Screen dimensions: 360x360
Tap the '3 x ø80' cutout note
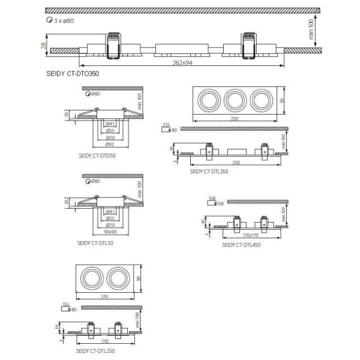64,20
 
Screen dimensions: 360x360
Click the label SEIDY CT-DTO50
97,154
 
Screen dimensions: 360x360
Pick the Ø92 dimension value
110,145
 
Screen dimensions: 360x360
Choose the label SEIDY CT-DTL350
209,170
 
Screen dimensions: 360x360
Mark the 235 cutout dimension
166,124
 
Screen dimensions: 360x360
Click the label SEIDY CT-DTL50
96,244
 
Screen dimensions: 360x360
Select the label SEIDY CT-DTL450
241,244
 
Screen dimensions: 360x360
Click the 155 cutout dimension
65,304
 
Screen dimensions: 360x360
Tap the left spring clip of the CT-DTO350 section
112,46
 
